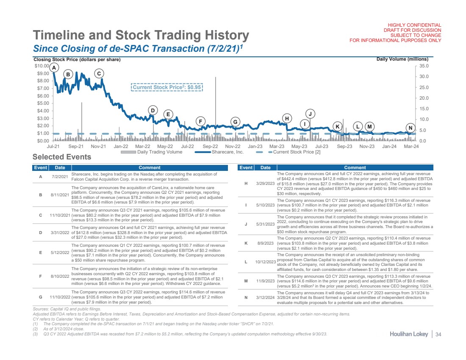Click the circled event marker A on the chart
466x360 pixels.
[x=53, y=67]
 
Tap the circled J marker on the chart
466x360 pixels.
[x=310, y=114]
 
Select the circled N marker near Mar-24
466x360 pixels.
[x=410, y=128]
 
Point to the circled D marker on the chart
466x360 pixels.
[x=153, y=111]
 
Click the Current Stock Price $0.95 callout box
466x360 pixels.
[x=167, y=87]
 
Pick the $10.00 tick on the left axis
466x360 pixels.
[x=42, y=66]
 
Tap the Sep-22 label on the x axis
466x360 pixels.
[x=210, y=146]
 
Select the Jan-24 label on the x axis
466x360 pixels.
[x=389, y=146]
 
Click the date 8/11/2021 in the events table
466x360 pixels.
[x=60, y=195]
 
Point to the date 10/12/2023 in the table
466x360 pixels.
[x=266, y=262]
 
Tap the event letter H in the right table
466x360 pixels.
[x=246, y=183]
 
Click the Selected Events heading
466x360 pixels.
[x=62, y=157]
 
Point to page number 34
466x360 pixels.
[x=438, y=335]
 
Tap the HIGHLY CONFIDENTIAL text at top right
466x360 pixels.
[x=413, y=25]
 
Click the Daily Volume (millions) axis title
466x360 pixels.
[x=402, y=59]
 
